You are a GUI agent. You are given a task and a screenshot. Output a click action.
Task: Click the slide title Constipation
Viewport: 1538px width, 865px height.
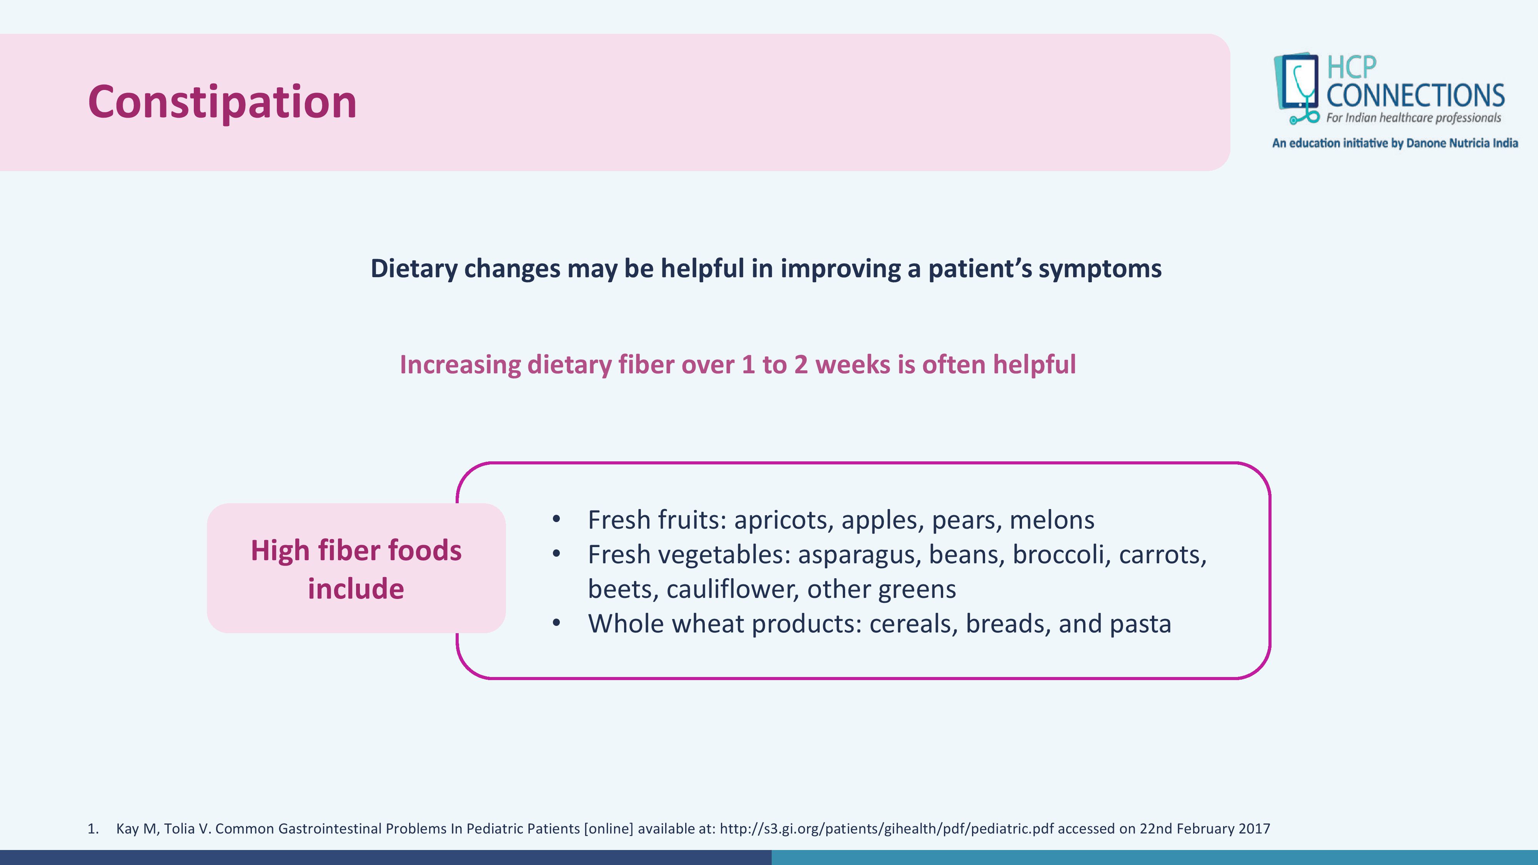pos(222,103)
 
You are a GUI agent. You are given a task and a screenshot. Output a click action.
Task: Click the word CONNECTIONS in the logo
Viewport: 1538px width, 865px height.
pos(1415,95)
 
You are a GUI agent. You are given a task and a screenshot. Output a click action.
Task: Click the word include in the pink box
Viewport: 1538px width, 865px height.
pos(356,589)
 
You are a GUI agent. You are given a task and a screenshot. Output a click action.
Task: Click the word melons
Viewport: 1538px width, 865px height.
pos(1052,520)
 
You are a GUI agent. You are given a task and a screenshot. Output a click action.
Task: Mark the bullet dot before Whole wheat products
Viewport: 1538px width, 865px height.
pos(556,623)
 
